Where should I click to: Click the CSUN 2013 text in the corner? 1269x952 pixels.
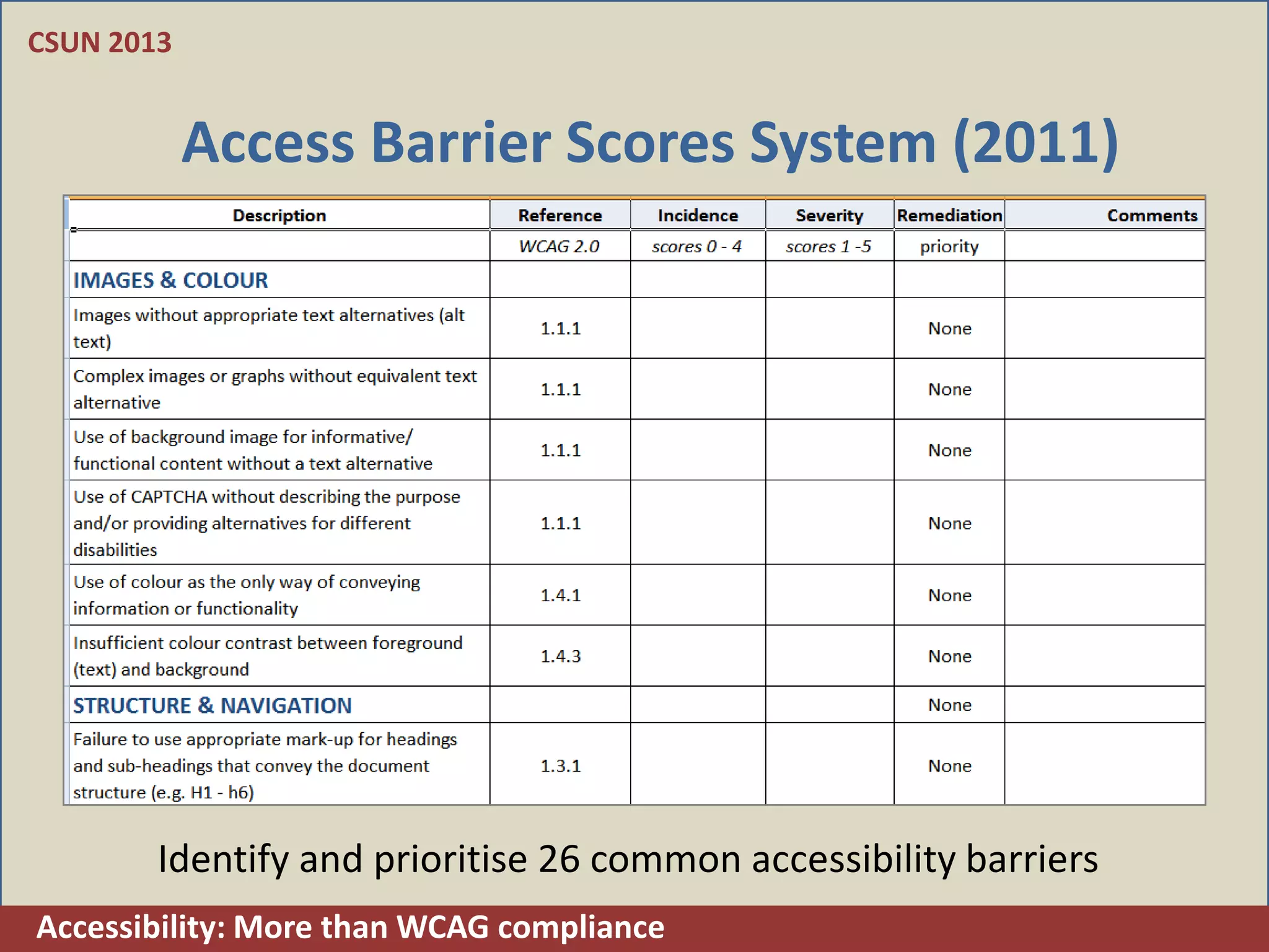pos(99,43)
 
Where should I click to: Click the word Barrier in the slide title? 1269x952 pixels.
pos(460,143)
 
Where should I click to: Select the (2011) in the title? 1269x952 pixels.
pos(1036,143)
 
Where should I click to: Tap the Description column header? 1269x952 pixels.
pos(279,216)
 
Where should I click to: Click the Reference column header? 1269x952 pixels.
pos(560,216)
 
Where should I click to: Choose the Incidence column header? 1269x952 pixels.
pos(698,216)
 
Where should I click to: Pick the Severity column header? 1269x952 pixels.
pos(829,216)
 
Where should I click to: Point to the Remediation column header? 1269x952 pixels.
pos(949,216)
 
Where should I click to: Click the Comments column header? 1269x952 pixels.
pos(1152,216)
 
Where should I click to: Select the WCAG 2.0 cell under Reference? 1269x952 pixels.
pos(559,247)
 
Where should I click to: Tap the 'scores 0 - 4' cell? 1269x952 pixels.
pos(696,247)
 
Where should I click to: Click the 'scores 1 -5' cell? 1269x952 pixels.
pos(828,247)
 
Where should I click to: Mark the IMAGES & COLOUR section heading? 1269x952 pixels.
pos(170,280)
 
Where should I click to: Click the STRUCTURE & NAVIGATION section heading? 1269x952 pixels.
pos(212,705)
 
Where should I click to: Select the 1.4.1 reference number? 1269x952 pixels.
pos(560,596)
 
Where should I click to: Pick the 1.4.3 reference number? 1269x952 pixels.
pos(560,656)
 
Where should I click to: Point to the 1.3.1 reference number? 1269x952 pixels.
pos(560,766)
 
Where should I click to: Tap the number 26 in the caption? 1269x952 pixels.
pos(558,859)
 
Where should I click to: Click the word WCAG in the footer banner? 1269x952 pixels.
pos(442,928)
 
